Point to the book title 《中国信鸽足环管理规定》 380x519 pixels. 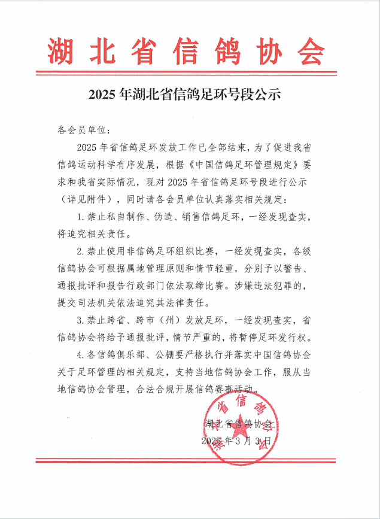247,164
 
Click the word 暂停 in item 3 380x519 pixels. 262,335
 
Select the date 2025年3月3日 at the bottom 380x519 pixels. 238,440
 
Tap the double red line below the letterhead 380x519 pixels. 189,73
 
